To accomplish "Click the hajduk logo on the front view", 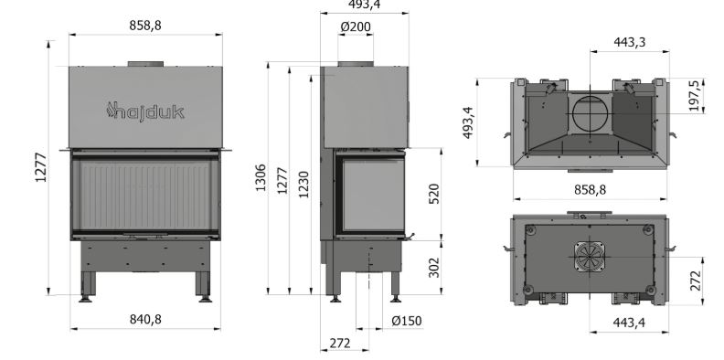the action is (145, 111).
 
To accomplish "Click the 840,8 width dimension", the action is (145, 320).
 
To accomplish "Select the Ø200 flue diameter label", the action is (356, 27).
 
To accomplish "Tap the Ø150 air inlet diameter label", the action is (407, 321).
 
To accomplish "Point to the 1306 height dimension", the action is (261, 177).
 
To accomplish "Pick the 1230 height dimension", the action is (303, 185).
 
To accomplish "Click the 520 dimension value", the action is (434, 194).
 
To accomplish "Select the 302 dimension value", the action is (434, 267).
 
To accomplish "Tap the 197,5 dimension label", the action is (694, 96).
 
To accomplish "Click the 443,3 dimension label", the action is (630, 42).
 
